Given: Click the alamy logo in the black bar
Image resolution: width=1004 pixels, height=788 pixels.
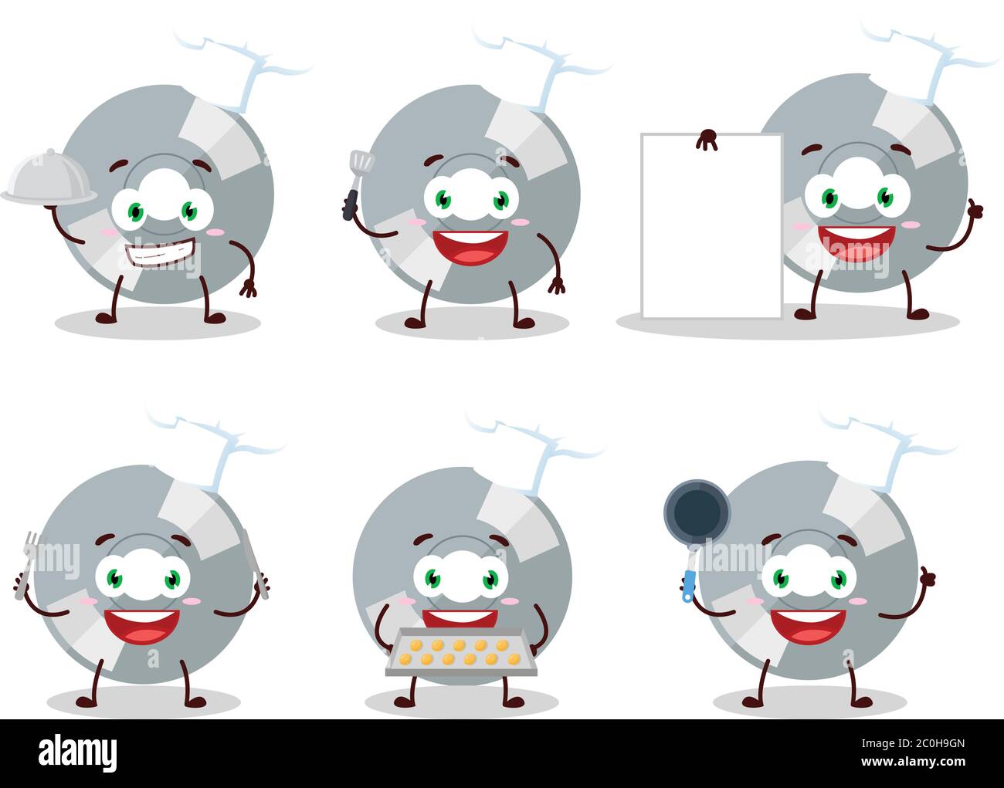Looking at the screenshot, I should (78, 752).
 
